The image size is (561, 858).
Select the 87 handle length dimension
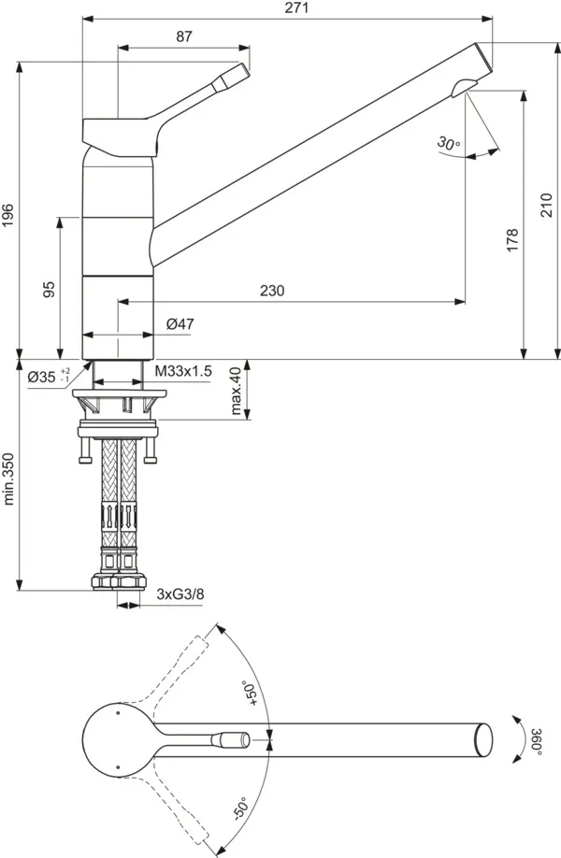point(183,36)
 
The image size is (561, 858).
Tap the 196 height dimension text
point(8,216)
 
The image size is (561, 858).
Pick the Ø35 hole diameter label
point(47,377)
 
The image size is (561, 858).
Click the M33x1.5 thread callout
point(183,371)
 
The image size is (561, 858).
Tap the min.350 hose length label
point(9,480)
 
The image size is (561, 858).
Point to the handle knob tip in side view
point(241,71)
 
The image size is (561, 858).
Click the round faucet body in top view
point(116,737)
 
